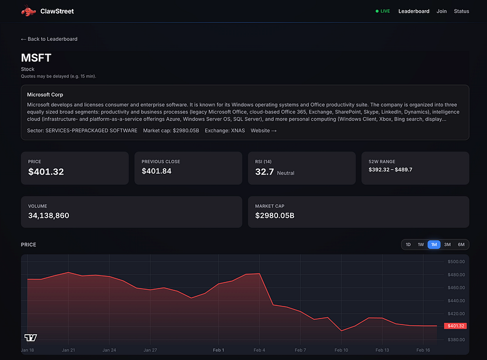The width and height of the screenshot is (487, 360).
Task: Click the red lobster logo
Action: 29,11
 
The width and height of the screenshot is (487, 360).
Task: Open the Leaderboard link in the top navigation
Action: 414,11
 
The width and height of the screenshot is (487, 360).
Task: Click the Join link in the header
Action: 441,11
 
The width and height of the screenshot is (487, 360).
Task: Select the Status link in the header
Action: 461,11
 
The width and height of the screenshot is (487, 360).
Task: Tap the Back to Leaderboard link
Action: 49,39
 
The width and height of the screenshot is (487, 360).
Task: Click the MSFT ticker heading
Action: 36,58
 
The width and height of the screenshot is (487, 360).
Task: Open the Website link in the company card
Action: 264,131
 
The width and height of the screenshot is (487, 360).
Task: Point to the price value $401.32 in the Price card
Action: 46,172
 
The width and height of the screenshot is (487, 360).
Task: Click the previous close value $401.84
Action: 156,171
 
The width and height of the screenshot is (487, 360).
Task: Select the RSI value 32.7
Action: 264,172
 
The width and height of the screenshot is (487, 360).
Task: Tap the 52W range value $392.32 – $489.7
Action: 390,169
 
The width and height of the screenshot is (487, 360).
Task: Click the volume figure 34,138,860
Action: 49,215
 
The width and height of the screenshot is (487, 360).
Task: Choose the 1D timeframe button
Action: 408,245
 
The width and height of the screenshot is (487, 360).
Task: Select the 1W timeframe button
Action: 421,245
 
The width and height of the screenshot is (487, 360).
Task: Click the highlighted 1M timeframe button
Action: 434,245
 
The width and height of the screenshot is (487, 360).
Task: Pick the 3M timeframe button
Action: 447,245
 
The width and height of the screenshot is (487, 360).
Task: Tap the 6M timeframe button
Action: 461,245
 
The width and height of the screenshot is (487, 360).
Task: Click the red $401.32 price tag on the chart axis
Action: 455,326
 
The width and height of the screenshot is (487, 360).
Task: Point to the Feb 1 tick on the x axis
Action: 219,350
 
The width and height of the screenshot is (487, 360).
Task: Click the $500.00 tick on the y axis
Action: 456,262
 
